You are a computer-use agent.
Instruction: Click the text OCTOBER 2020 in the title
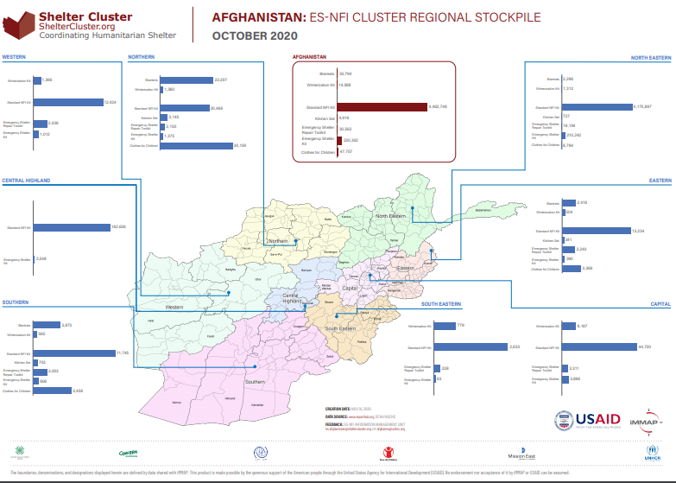(x=255, y=35)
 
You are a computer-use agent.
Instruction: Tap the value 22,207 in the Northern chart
(x=220, y=80)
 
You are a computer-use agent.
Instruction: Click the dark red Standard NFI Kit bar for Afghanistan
(x=381, y=107)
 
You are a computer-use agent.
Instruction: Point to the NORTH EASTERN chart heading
(x=650, y=58)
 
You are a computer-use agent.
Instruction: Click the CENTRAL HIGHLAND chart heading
(x=26, y=181)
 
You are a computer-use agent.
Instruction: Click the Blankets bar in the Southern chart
(x=46, y=325)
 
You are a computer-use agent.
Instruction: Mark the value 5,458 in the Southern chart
(x=79, y=391)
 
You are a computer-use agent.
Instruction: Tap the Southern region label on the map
(x=254, y=382)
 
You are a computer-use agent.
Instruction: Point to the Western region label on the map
(x=175, y=307)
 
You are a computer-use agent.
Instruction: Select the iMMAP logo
(x=648, y=421)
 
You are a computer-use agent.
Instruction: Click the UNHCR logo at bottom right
(x=652, y=453)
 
